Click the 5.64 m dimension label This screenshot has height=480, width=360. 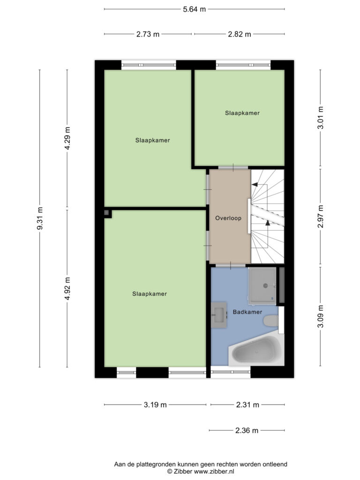[195, 9]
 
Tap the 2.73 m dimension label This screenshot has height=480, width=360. [148, 34]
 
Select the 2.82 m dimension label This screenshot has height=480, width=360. [240, 34]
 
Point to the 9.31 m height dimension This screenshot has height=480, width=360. [40, 218]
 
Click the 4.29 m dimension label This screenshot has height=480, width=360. [67, 138]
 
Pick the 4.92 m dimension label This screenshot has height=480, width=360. [67, 288]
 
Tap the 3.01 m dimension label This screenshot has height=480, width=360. [320, 118]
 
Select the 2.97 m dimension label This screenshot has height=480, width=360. [320, 217]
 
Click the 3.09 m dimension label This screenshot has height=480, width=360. [320, 316]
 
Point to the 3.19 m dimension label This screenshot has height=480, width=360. [155, 405]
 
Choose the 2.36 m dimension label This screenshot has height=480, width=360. [247, 430]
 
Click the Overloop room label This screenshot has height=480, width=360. [228, 218]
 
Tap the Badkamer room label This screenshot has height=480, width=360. [247, 312]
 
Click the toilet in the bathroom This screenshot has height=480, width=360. [271, 321]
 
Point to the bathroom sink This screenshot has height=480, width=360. [219, 315]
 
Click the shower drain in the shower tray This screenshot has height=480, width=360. [265, 285]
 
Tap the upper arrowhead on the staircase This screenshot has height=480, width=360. [255, 185]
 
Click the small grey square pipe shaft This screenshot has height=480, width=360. [106, 212]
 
